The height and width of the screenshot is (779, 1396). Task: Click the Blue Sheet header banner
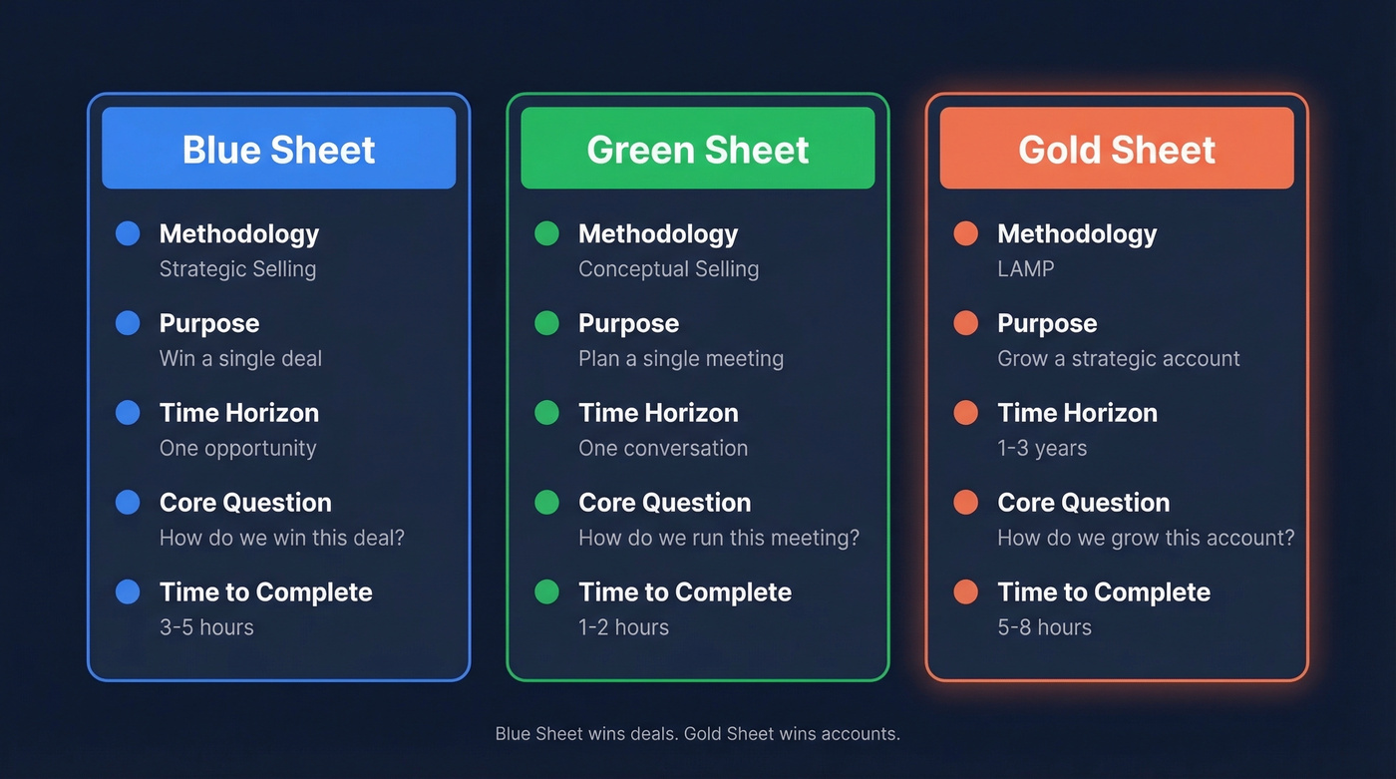278,149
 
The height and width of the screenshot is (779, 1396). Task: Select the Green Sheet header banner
697,149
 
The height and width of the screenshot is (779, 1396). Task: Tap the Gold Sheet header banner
1116,149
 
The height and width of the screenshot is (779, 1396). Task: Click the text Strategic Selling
237,269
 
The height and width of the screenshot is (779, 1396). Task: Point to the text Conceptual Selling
668,269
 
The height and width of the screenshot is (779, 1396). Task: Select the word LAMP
1025,269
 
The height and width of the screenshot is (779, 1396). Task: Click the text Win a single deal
240,359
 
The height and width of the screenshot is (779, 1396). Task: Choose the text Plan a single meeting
680,359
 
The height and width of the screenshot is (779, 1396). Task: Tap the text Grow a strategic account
1118,359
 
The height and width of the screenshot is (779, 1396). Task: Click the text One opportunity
237,449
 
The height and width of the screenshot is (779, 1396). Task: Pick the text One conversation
662,449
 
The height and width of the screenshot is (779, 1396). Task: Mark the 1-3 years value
1042,449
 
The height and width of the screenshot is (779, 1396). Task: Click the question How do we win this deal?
281,539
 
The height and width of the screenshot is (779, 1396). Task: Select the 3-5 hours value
206,627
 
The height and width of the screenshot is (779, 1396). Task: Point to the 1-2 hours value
623,627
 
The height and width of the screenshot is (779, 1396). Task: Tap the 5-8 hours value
1044,627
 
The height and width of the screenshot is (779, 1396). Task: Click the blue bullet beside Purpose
128,323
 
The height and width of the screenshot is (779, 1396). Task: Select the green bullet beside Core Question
546,502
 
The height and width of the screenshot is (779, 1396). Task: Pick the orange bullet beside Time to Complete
965,591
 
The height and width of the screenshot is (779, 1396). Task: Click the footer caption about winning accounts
697,734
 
